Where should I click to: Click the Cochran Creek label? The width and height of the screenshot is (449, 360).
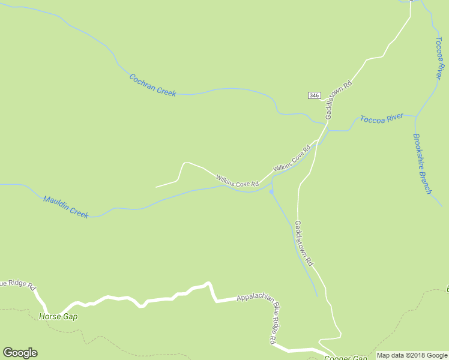click(x=152, y=85)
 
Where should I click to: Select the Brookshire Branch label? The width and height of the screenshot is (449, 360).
click(x=421, y=163)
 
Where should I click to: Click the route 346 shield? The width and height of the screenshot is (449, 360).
click(x=314, y=96)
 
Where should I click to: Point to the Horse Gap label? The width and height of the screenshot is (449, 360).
click(x=58, y=316)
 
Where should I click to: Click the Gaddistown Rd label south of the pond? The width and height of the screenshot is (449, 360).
click(x=304, y=243)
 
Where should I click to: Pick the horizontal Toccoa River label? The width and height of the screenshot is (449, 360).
click(x=382, y=118)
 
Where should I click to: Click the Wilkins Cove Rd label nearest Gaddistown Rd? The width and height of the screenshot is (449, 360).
click(x=292, y=158)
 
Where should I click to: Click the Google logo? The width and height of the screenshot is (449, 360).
click(x=20, y=353)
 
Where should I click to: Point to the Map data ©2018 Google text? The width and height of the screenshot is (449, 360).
click(x=412, y=355)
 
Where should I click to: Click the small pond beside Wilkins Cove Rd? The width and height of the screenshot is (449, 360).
click(x=272, y=192)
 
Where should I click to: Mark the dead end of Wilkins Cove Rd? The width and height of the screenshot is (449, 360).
click(x=156, y=187)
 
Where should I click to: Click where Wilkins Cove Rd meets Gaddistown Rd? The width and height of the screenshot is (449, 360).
click(x=318, y=140)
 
